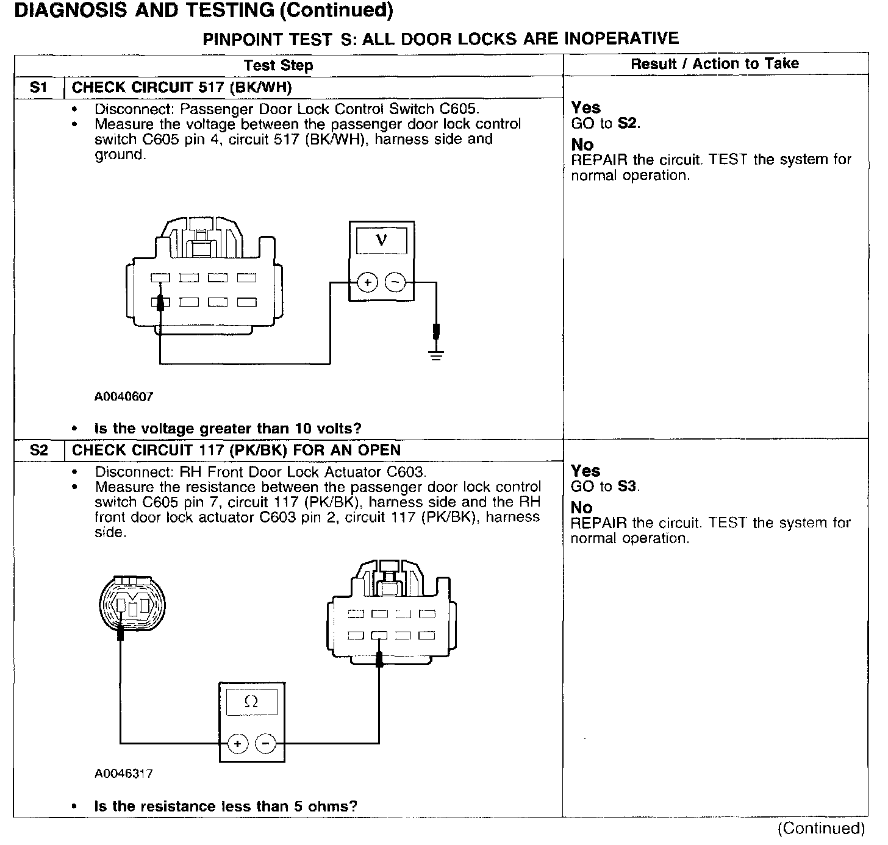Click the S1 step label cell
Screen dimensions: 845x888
(38, 88)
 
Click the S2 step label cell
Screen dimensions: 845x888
(38, 451)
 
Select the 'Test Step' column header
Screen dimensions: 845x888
(278, 65)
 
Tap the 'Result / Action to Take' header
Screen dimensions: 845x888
(714, 63)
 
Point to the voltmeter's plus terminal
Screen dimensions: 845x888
(368, 282)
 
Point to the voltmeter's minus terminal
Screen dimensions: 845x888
(395, 282)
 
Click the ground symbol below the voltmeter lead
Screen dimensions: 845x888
(435, 354)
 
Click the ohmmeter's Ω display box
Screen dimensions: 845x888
(251, 702)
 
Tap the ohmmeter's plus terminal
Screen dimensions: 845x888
(237, 744)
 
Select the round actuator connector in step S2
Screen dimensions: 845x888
(132, 604)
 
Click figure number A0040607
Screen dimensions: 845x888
(124, 396)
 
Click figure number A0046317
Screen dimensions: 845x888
(124, 774)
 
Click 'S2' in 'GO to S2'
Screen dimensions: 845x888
(629, 123)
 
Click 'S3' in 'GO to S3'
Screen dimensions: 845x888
(628, 487)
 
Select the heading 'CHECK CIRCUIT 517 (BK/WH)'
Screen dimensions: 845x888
(182, 88)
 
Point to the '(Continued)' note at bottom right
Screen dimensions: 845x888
(821, 829)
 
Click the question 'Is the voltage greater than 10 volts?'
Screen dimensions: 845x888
(227, 429)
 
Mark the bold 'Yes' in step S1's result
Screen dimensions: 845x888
(585, 108)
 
